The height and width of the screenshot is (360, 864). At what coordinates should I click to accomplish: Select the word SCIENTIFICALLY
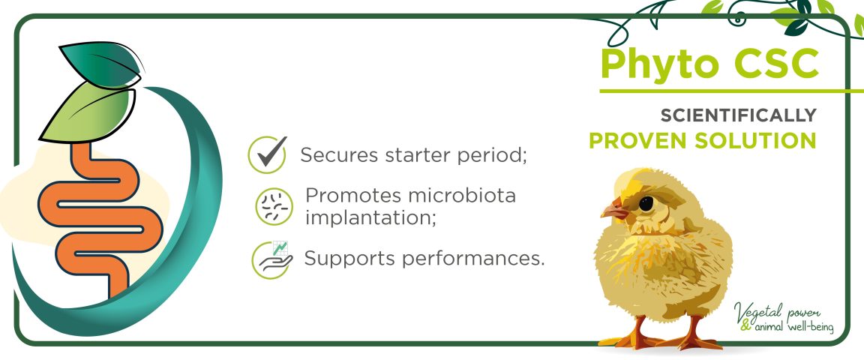[738, 115]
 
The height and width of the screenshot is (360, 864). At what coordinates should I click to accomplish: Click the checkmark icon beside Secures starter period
[267, 154]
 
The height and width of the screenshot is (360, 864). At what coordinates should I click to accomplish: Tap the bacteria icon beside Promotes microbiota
[274, 207]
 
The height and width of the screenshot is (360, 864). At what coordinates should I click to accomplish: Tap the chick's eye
[646, 203]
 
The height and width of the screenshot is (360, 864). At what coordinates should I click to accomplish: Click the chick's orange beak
[613, 209]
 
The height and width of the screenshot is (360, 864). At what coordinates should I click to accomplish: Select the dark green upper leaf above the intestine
[100, 64]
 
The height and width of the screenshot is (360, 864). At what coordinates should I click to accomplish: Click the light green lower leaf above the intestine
[88, 113]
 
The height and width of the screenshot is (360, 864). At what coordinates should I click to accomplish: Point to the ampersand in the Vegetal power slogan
[746, 325]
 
